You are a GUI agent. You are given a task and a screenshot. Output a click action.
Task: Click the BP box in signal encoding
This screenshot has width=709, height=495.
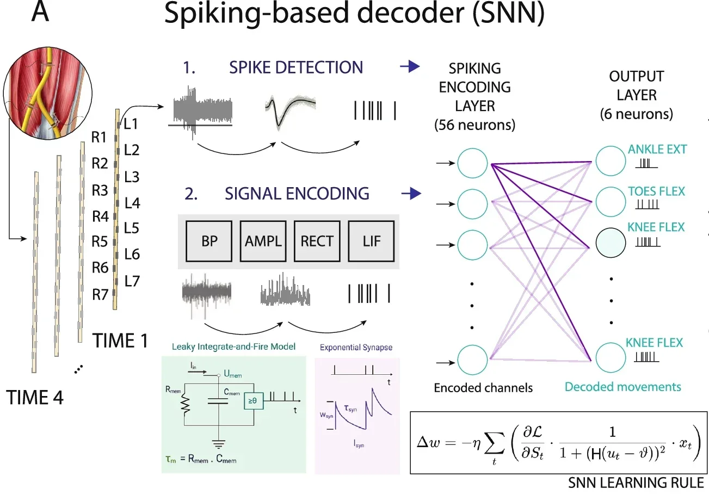209,241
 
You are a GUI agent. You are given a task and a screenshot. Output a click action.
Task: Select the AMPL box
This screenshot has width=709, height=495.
263,241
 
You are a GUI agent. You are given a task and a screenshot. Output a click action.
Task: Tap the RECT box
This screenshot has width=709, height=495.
317,241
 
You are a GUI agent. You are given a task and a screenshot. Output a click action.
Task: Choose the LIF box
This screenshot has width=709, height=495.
372,241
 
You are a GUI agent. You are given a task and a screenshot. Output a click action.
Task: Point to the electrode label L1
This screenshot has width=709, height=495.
132,124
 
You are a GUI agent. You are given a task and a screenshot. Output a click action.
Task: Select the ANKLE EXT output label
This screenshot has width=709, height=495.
657,149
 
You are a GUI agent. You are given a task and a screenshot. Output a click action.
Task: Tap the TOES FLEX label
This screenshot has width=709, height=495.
656,191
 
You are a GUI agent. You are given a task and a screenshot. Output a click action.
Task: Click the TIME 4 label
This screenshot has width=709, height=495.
35,398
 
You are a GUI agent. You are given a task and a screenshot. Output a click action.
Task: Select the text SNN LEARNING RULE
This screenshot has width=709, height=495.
636,482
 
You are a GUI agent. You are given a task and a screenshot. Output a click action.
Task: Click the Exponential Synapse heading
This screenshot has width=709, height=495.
356,347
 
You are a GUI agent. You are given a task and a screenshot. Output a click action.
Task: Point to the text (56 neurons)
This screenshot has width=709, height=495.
474,125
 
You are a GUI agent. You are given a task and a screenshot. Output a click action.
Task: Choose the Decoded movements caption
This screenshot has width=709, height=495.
622,387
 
